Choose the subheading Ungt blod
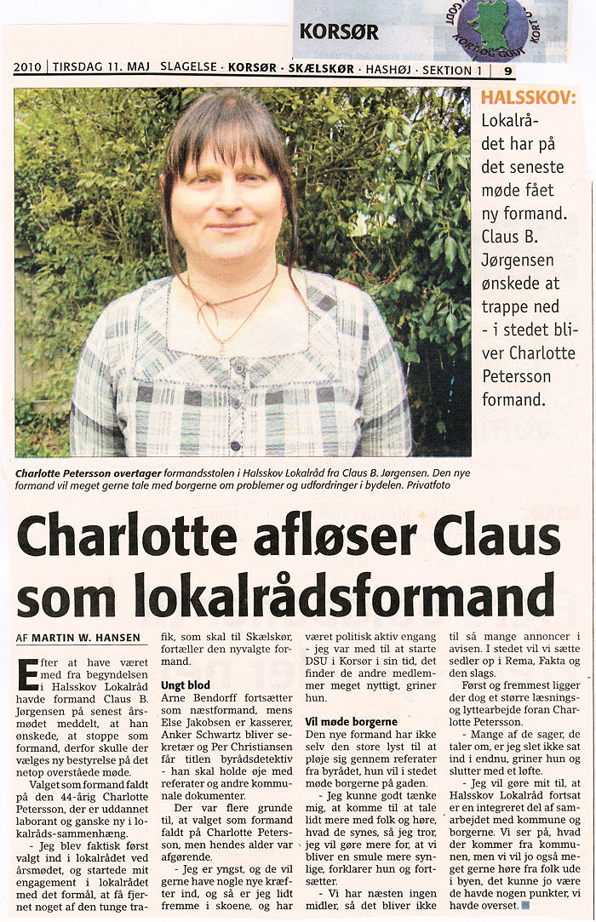point(186,684)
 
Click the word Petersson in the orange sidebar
point(515,375)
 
